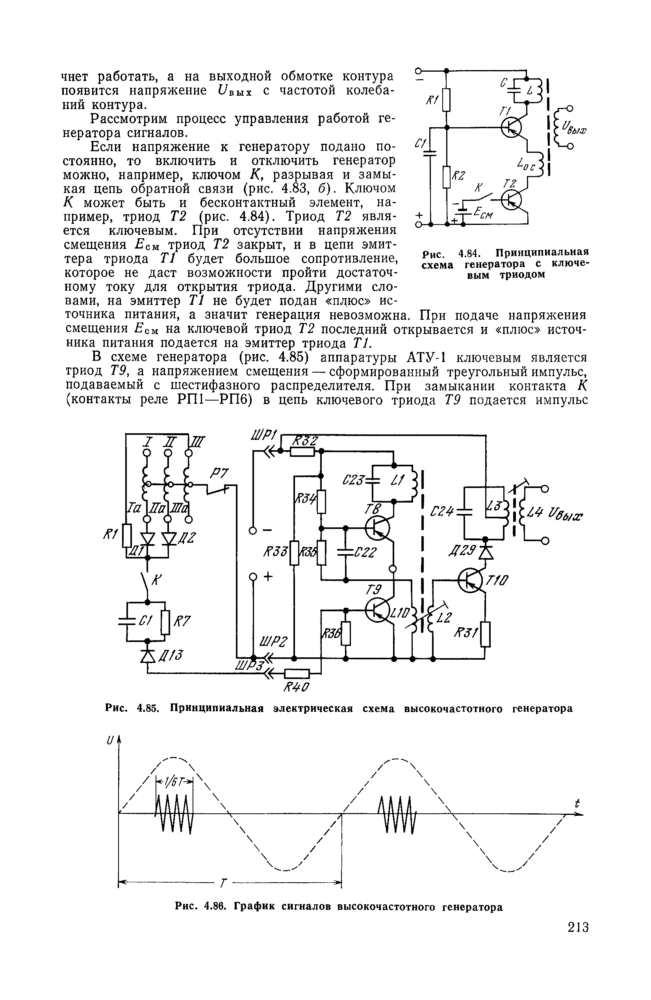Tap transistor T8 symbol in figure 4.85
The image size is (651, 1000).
(x=377, y=528)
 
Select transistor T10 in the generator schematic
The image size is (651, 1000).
(x=471, y=580)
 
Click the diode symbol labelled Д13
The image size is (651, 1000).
(x=147, y=655)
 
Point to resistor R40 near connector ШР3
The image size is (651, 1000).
(x=297, y=674)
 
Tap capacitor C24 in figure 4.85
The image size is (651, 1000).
(x=465, y=511)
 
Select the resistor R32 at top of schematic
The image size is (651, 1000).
(x=302, y=451)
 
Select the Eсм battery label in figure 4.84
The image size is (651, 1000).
(x=483, y=215)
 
